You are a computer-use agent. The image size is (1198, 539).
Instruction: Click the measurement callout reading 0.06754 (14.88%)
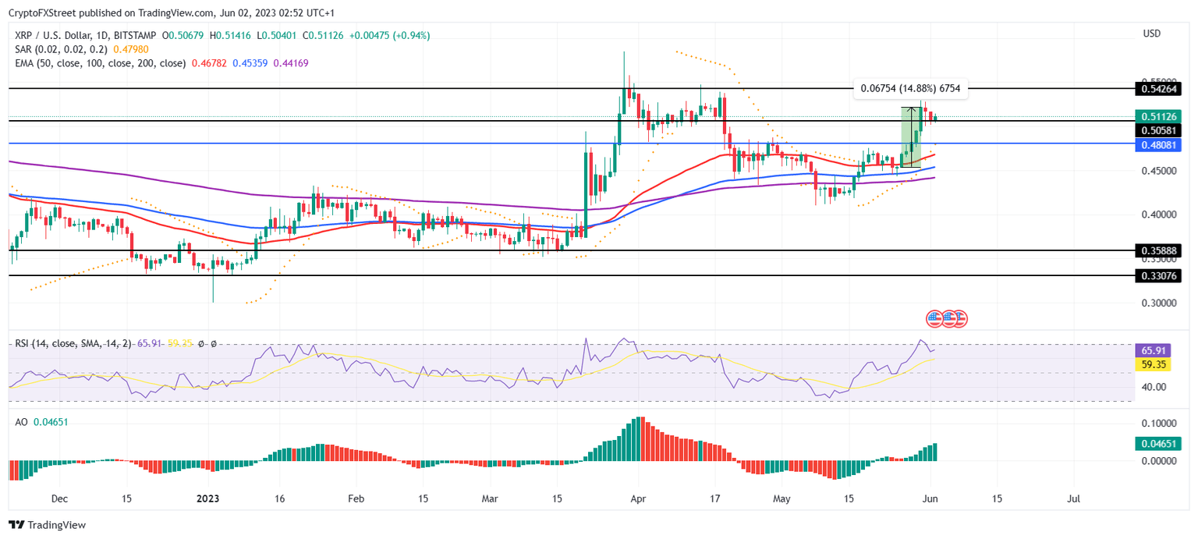pyautogui.click(x=910, y=89)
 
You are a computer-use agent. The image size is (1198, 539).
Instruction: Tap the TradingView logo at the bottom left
pyautogui.click(x=48, y=525)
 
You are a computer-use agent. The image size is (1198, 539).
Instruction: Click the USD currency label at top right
pyautogui.click(x=1151, y=34)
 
